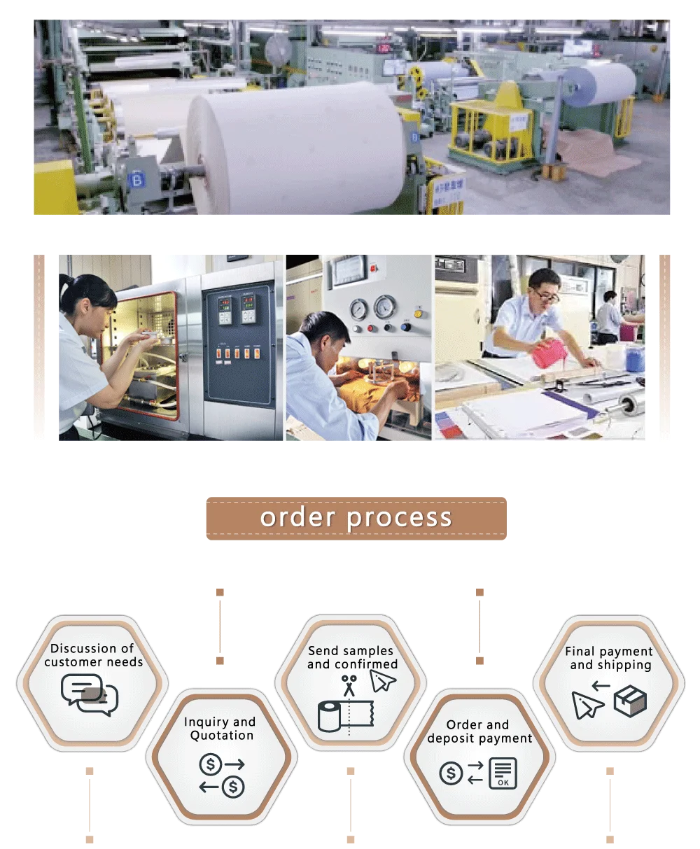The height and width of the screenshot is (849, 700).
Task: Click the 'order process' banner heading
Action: pos(356,518)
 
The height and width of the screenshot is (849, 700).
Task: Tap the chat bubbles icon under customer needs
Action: pos(90,694)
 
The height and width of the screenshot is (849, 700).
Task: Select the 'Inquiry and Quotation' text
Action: pos(220,729)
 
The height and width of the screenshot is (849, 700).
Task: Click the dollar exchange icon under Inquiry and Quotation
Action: pos(222,775)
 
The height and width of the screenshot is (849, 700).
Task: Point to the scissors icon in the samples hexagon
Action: pos(349,684)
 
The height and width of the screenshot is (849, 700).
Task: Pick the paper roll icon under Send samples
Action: pos(345,716)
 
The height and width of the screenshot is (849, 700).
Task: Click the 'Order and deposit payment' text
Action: pos(479,731)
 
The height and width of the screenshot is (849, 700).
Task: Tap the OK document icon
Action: pos(503,773)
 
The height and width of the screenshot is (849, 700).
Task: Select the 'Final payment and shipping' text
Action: pos(609,658)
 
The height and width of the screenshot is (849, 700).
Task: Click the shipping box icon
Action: pos(630,701)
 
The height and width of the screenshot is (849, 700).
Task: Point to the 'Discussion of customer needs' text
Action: pos(92,655)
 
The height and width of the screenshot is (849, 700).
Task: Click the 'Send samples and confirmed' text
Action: pos(351,657)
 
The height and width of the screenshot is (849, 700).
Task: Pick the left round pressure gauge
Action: pos(359,308)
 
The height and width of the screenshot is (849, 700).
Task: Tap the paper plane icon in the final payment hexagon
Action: pos(587,704)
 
